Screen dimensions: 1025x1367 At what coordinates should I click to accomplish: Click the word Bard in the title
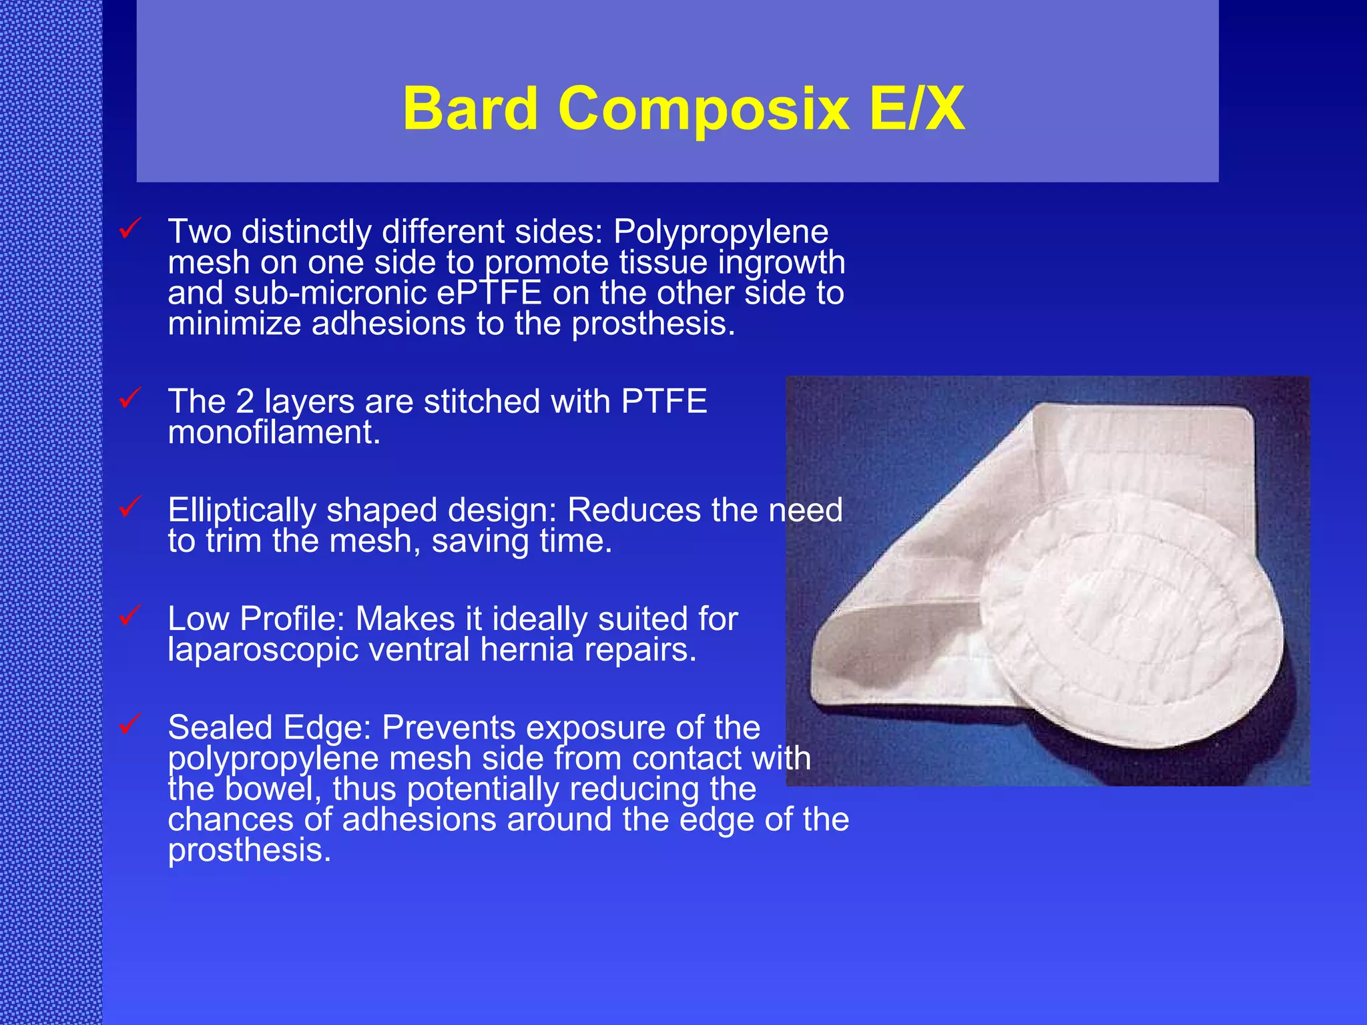coord(470,109)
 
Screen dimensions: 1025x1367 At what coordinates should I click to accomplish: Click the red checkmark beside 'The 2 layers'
coord(129,398)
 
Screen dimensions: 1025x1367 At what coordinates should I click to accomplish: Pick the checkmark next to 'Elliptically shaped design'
coord(129,507)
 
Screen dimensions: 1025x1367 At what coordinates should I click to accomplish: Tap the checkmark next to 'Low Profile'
coord(129,615)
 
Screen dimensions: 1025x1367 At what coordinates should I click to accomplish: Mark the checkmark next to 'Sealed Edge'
coord(129,724)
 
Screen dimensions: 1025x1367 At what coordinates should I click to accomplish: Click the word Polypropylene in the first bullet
coord(721,233)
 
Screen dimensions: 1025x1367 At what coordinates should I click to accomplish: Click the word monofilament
coord(274,432)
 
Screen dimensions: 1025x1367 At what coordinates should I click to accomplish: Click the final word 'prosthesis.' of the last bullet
coord(249,851)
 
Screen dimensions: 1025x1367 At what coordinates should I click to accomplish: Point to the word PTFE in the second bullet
coord(663,402)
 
